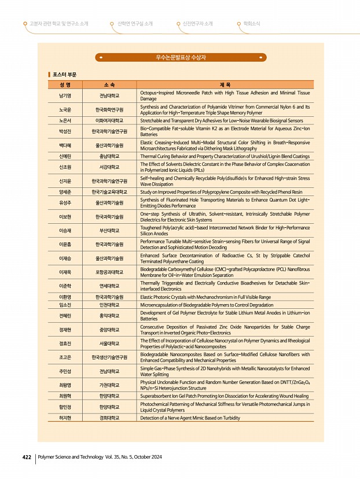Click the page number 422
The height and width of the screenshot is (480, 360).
(26, 457)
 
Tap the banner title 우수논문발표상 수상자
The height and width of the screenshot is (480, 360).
(181, 58)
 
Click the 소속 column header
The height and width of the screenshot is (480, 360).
(109, 84)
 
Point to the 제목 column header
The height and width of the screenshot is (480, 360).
(225, 84)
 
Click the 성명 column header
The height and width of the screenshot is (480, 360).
(65, 84)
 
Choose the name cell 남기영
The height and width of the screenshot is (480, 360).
(65, 95)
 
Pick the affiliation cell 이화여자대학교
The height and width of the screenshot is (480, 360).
(109, 120)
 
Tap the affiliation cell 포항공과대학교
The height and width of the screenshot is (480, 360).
(109, 272)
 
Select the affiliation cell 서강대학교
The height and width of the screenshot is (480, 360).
(109, 167)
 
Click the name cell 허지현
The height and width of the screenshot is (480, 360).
(65, 418)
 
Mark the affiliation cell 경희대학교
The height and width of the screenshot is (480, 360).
(109, 418)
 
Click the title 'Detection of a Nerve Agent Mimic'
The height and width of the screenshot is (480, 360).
(190, 418)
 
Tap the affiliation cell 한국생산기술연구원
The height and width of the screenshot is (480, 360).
(109, 357)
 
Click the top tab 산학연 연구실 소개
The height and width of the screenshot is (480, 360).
(135, 24)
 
